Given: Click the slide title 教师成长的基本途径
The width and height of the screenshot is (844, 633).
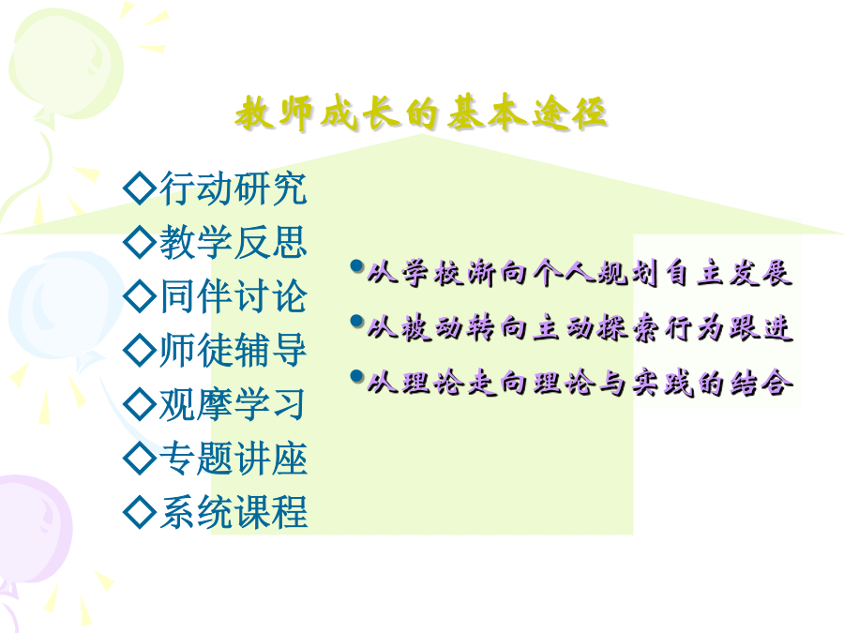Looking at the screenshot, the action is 421,113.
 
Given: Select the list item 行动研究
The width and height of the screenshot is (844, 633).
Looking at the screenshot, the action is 234,188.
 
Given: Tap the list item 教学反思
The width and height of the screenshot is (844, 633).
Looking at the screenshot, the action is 234,242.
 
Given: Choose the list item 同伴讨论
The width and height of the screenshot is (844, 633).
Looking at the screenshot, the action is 234,296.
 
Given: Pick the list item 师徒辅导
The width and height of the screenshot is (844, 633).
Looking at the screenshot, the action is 234,350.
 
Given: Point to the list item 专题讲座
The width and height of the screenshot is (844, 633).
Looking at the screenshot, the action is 234,458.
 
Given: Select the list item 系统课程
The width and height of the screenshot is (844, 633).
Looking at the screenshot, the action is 234,512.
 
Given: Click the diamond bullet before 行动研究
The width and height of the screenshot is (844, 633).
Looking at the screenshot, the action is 140,188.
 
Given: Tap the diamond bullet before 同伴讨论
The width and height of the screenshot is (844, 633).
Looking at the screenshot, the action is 140,296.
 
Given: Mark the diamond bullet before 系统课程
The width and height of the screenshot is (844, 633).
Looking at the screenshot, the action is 140,512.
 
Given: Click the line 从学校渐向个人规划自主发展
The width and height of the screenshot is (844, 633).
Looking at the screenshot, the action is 580,273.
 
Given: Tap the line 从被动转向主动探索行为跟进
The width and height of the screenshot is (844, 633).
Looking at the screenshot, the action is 580,328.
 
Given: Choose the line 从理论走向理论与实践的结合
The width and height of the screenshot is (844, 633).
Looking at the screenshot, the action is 580,383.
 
